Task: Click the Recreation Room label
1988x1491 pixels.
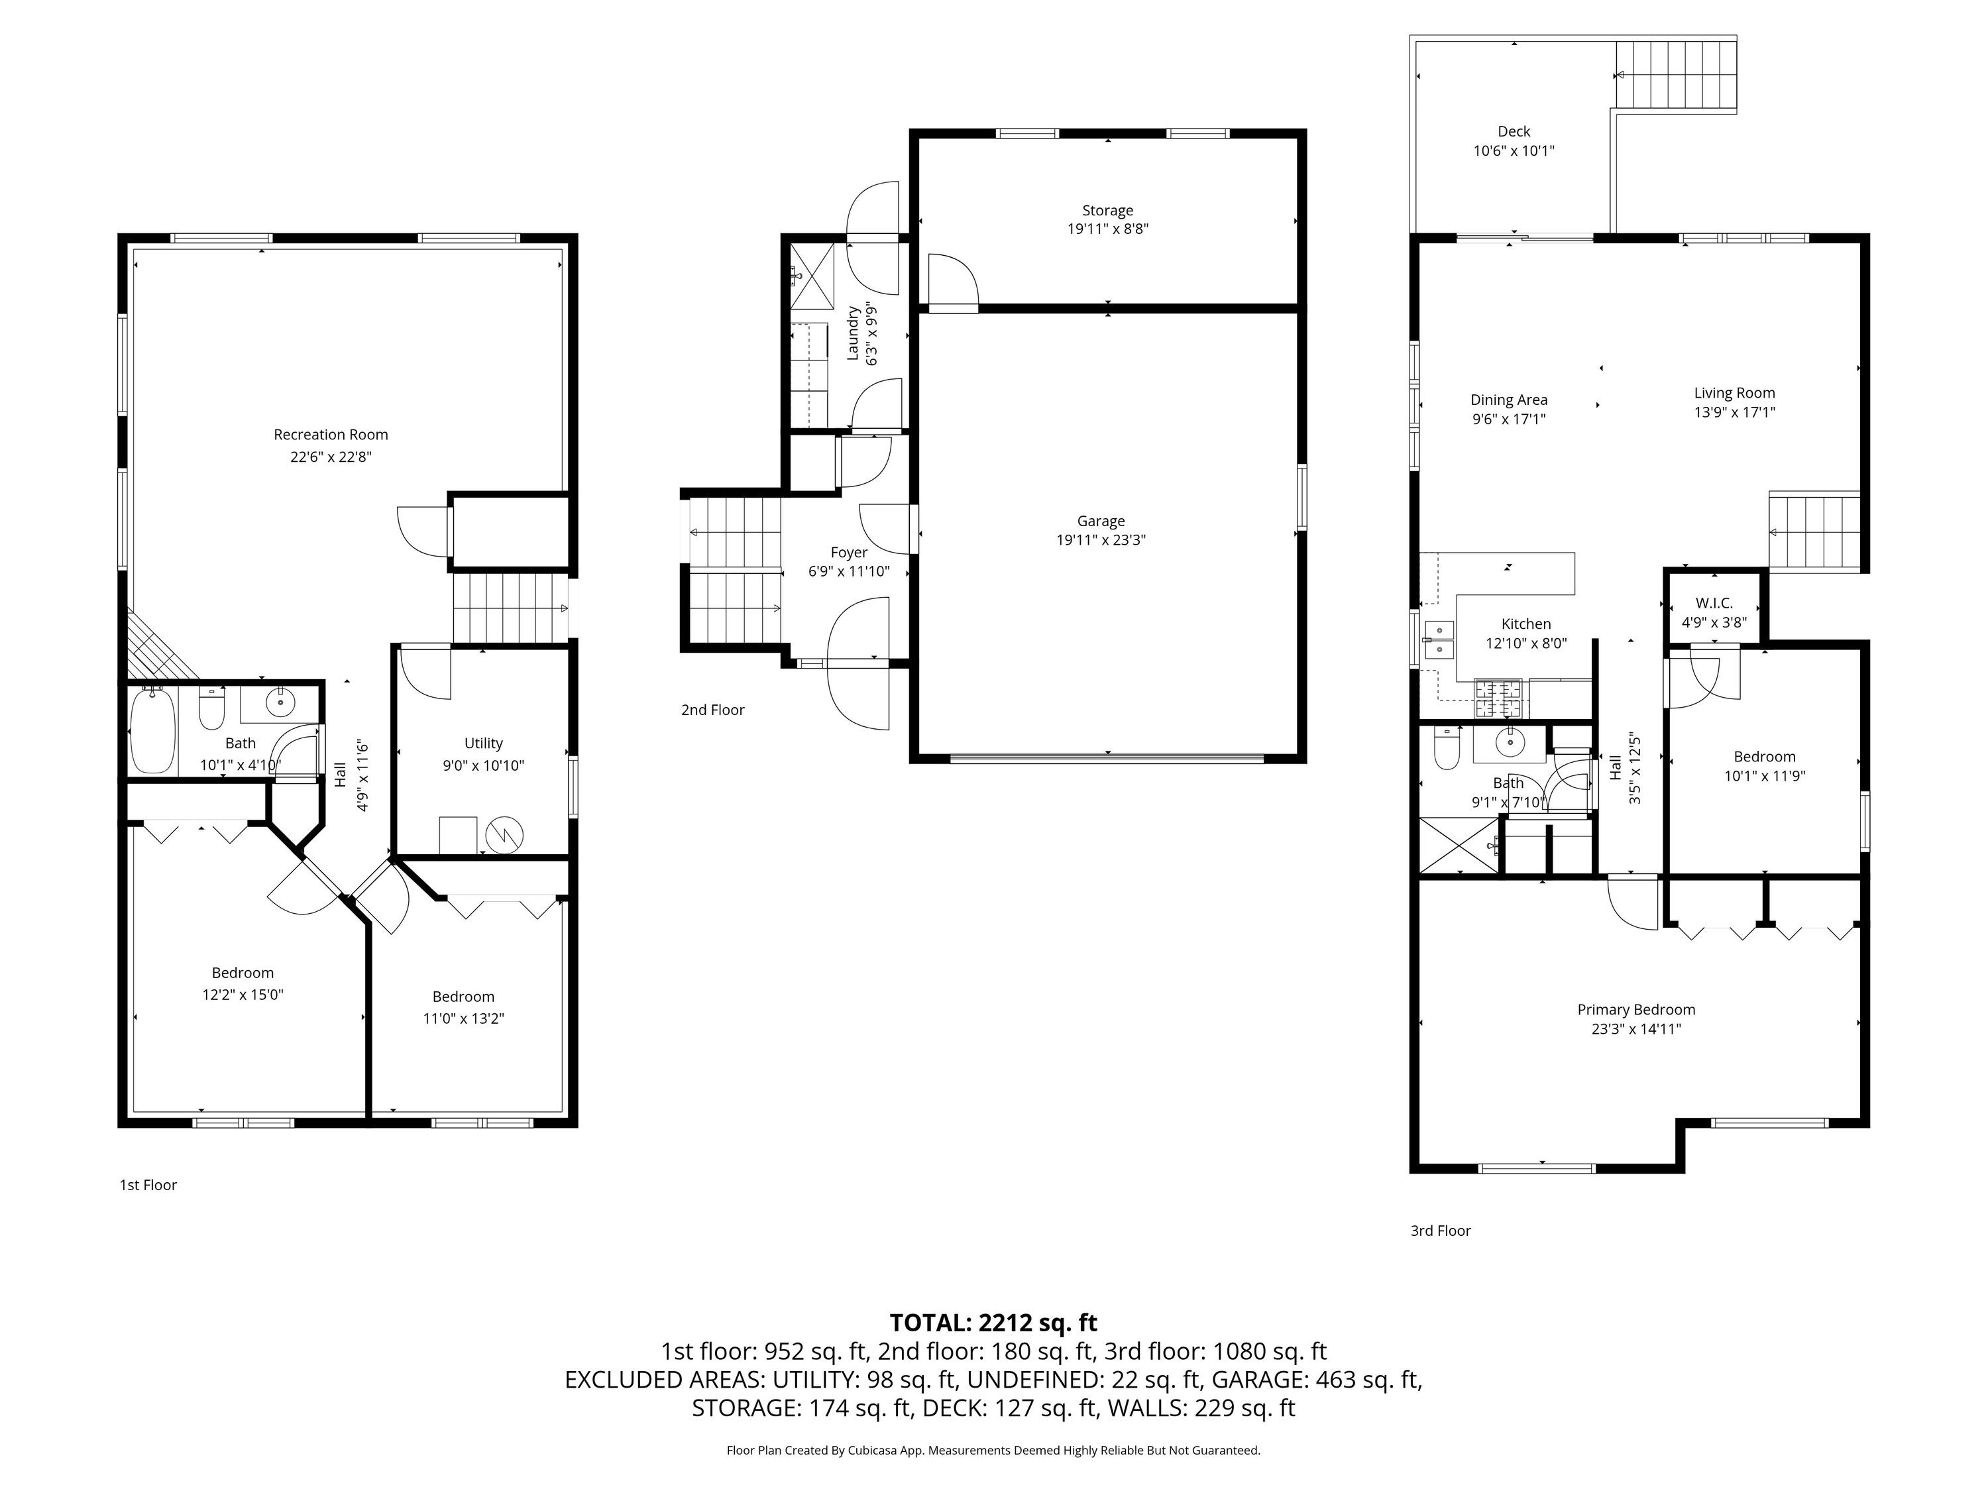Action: tap(331, 435)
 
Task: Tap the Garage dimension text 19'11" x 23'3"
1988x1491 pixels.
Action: tap(1101, 540)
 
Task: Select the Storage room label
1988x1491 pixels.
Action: tap(1107, 210)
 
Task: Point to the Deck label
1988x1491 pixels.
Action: tap(1514, 131)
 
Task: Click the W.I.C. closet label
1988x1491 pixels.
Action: tap(1714, 603)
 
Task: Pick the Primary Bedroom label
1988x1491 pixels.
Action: tap(1635, 1009)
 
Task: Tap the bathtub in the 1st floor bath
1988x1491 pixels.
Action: tap(153, 731)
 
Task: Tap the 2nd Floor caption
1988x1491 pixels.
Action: tap(712, 710)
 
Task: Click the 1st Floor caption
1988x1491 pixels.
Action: tap(148, 1185)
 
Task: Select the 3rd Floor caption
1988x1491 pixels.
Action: tap(1440, 1231)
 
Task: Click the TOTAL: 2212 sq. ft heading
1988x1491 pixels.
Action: tap(993, 1323)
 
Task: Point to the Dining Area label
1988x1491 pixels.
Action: tap(1509, 400)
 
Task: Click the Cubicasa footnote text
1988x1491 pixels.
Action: tap(993, 1450)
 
